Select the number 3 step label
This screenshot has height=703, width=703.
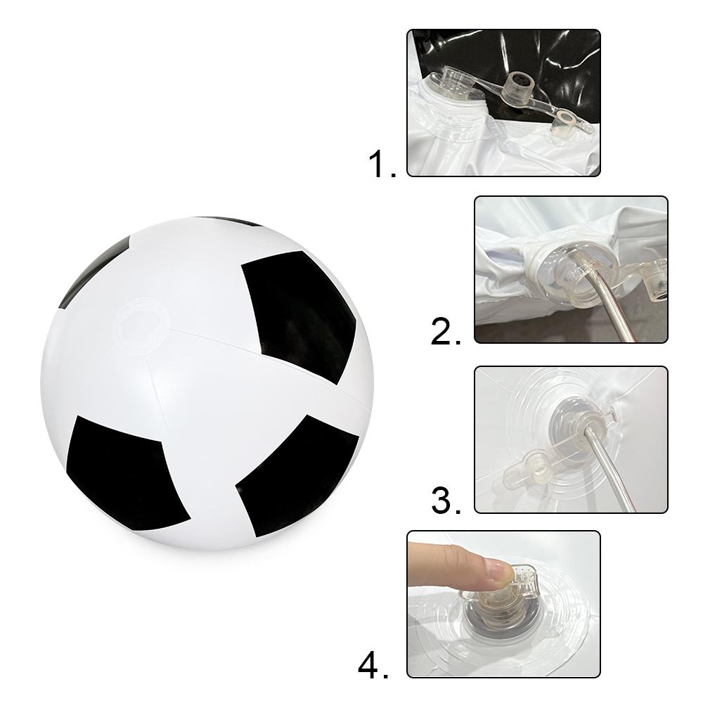[x=446, y=501]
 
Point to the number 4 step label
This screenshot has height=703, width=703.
[x=373, y=666]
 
